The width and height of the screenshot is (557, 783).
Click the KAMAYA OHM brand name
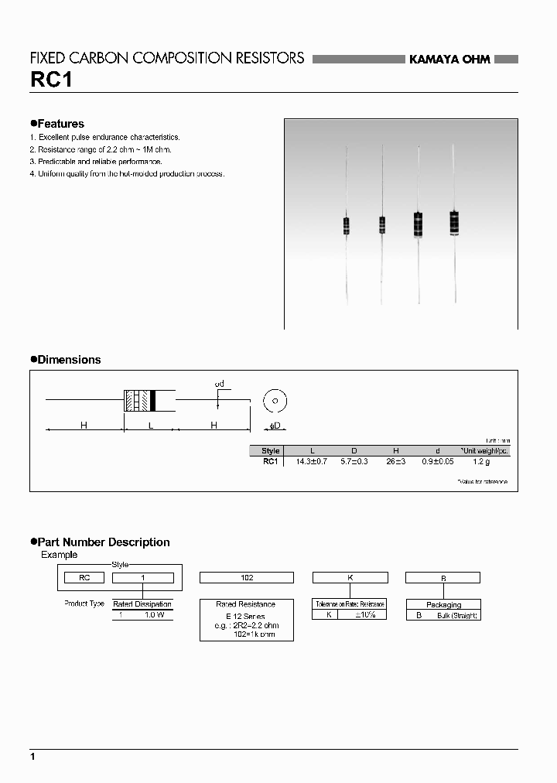pyautogui.click(x=449, y=60)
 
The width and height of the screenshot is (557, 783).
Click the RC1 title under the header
pyautogui.click(x=50, y=80)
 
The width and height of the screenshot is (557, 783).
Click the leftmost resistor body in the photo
pyautogui.click(x=346, y=225)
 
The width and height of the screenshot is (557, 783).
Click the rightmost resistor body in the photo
pyautogui.click(x=453, y=222)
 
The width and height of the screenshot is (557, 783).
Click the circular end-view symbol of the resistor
pyautogui.click(x=275, y=401)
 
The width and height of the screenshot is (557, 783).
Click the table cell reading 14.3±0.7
pyautogui.click(x=312, y=461)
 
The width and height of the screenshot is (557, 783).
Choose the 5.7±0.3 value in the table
pyautogui.click(x=354, y=461)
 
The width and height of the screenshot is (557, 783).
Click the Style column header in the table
pyautogui.click(x=271, y=450)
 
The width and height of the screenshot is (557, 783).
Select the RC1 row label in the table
pyautogui.click(x=271, y=461)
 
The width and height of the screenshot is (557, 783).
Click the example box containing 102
pyautogui.click(x=246, y=577)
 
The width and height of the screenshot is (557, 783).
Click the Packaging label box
pyautogui.click(x=443, y=604)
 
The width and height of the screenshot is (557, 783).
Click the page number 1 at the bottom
pyautogui.click(x=32, y=755)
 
